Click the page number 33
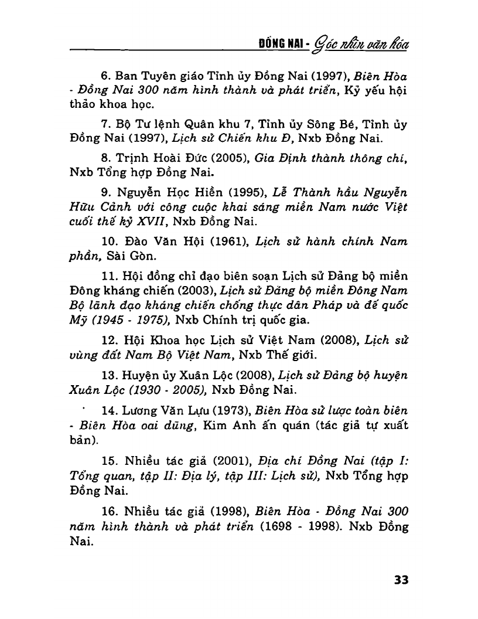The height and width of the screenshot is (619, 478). (x=401, y=580)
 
